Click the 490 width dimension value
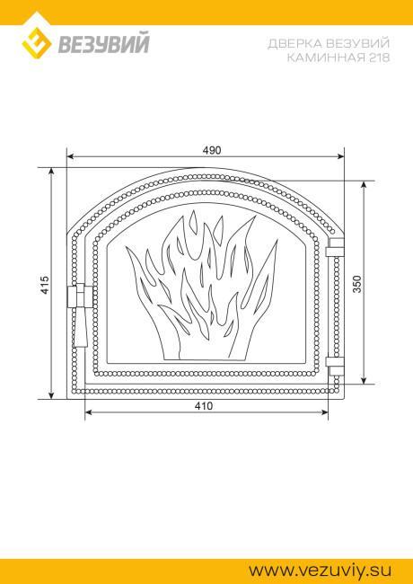[x=212, y=150]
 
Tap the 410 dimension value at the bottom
[x=204, y=406]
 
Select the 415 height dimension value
[x=45, y=285]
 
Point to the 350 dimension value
[x=356, y=284]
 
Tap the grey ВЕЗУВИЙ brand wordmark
[x=104, y=43]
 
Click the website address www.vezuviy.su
[x=321, y=571]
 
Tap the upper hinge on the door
[x=335, y=248]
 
